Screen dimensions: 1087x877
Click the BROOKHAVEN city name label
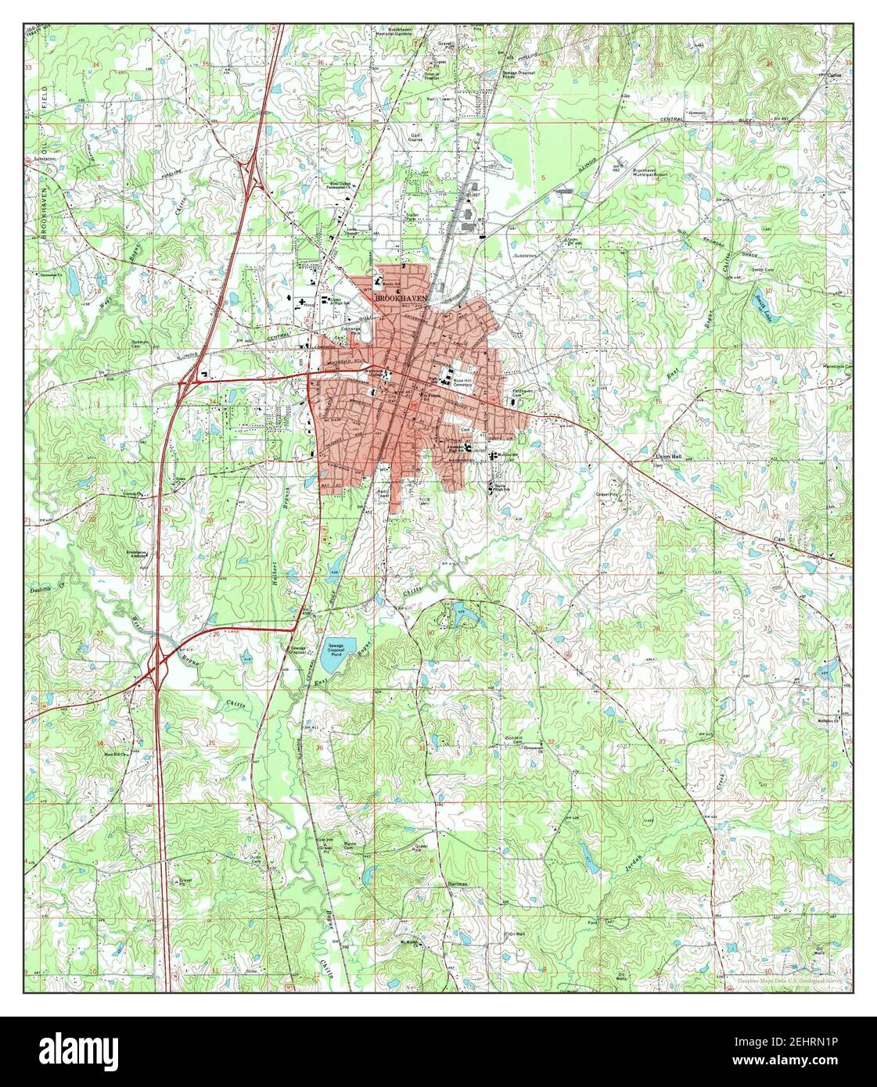[x=401, y=298]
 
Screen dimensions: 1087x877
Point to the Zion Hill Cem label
[x=512, y=739]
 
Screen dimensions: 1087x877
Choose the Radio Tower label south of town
[x=383, y=494]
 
